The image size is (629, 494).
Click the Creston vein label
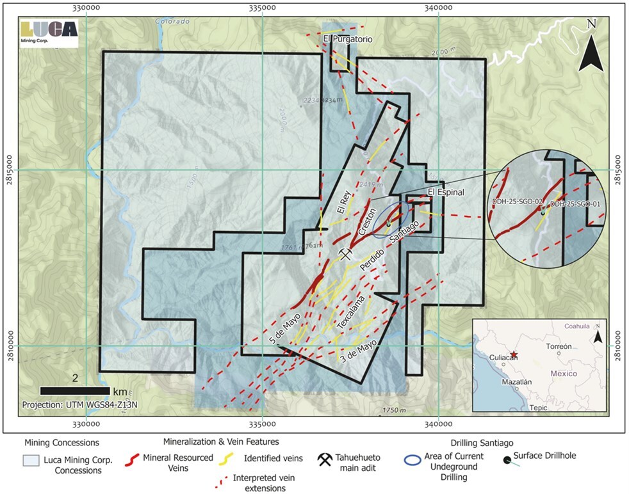pos(368,225)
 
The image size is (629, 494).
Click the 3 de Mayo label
pos(358,353)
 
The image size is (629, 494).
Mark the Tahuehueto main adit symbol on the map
pos(346,254)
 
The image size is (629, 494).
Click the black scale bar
pos(74,390)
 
